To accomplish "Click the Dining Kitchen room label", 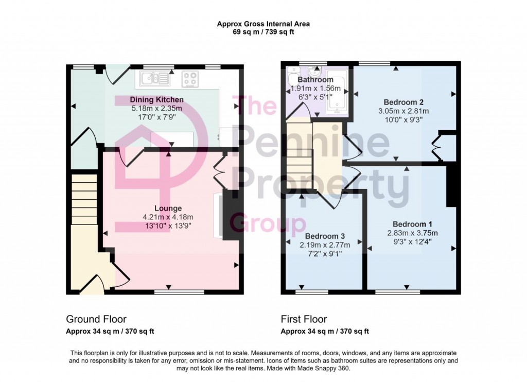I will [x=156, y=99].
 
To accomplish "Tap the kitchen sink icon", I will [x=153, y=79].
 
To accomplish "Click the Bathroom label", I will [x=315, y=80].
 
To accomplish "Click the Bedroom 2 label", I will [x=403, y=102].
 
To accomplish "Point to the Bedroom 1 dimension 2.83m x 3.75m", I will [x=412, y=233].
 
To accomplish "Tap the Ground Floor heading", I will [x=96, y=319].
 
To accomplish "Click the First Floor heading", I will [x=304, y=319].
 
